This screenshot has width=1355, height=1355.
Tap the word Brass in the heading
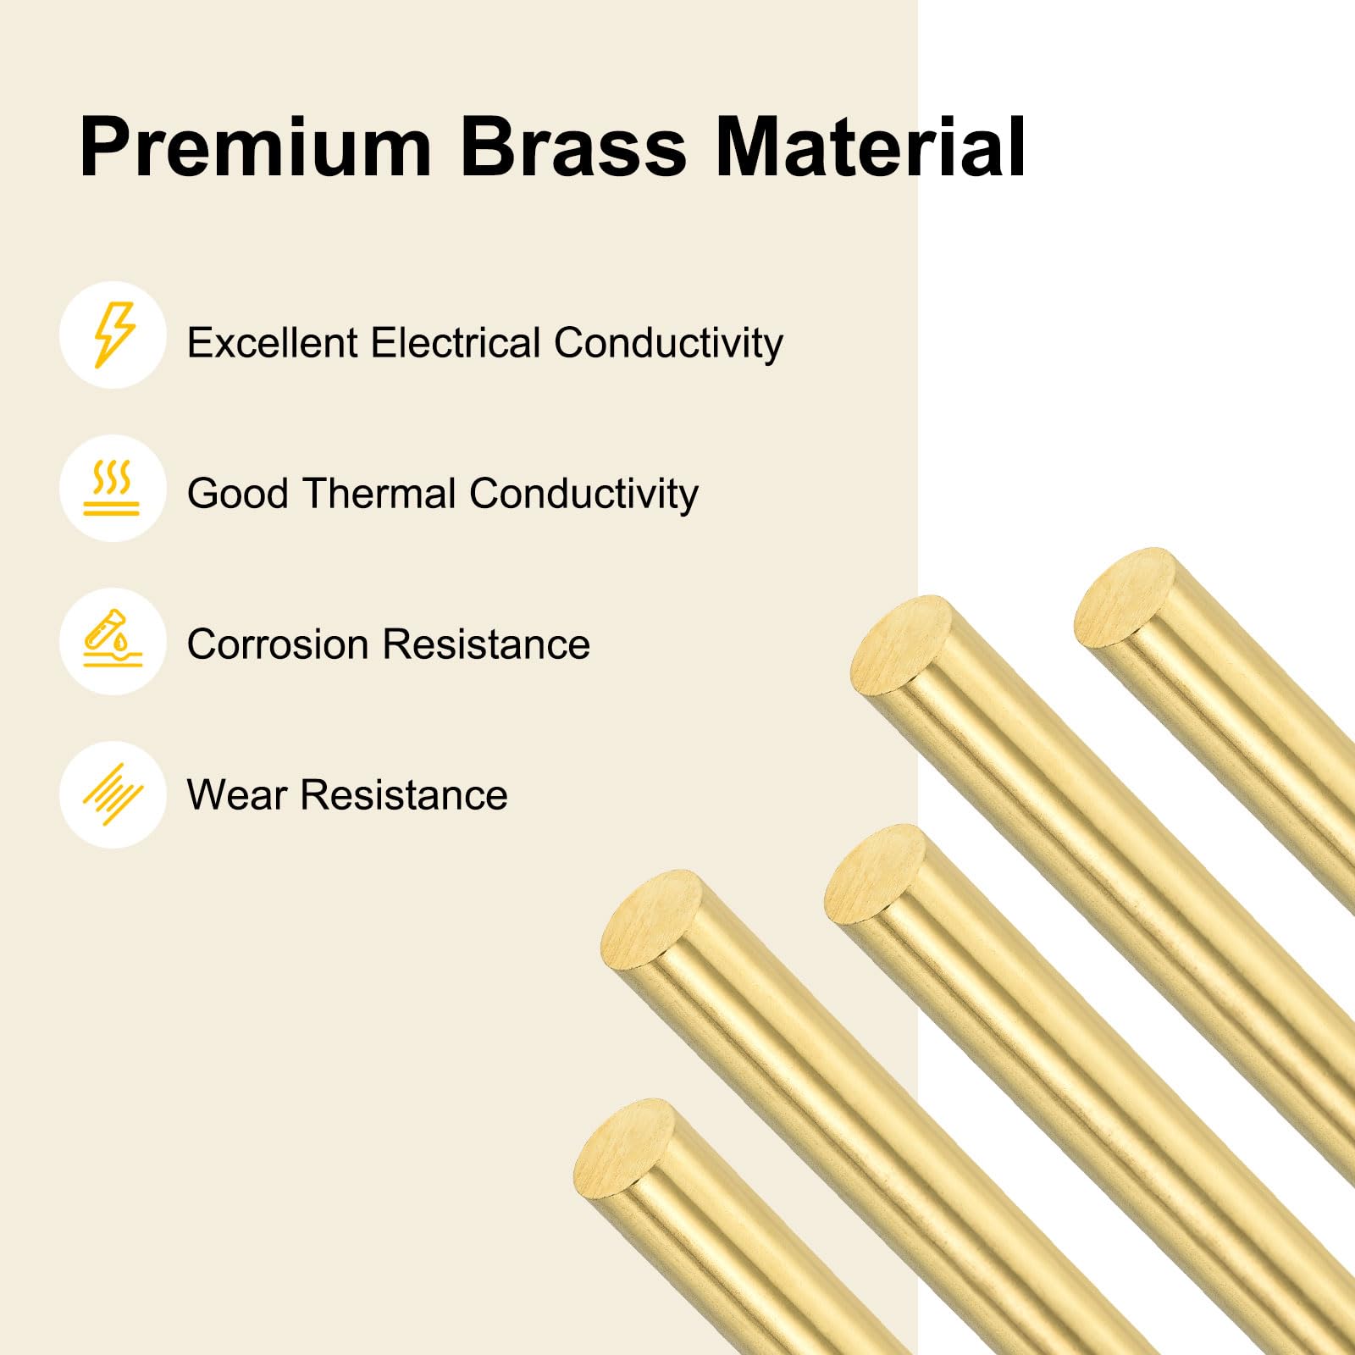point(572,147)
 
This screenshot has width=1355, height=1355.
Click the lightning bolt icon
point(113,335)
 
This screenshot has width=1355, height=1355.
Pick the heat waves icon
point(112,489)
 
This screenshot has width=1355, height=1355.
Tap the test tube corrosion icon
point(112,641)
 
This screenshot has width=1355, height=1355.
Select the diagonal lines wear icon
point(113,794)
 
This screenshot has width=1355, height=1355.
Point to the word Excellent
point(273,343)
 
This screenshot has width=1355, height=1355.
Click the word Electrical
point(456,343)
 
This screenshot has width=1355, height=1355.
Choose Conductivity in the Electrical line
point(668,344)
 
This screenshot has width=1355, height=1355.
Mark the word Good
point(238,494)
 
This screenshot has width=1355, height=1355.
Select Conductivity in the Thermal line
point(583,495)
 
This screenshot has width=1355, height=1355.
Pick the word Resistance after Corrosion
point(486,644)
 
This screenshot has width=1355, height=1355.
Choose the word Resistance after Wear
point(404,795)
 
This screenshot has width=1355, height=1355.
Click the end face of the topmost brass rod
point(1125,597)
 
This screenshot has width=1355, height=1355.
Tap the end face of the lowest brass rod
point(625,1148)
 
